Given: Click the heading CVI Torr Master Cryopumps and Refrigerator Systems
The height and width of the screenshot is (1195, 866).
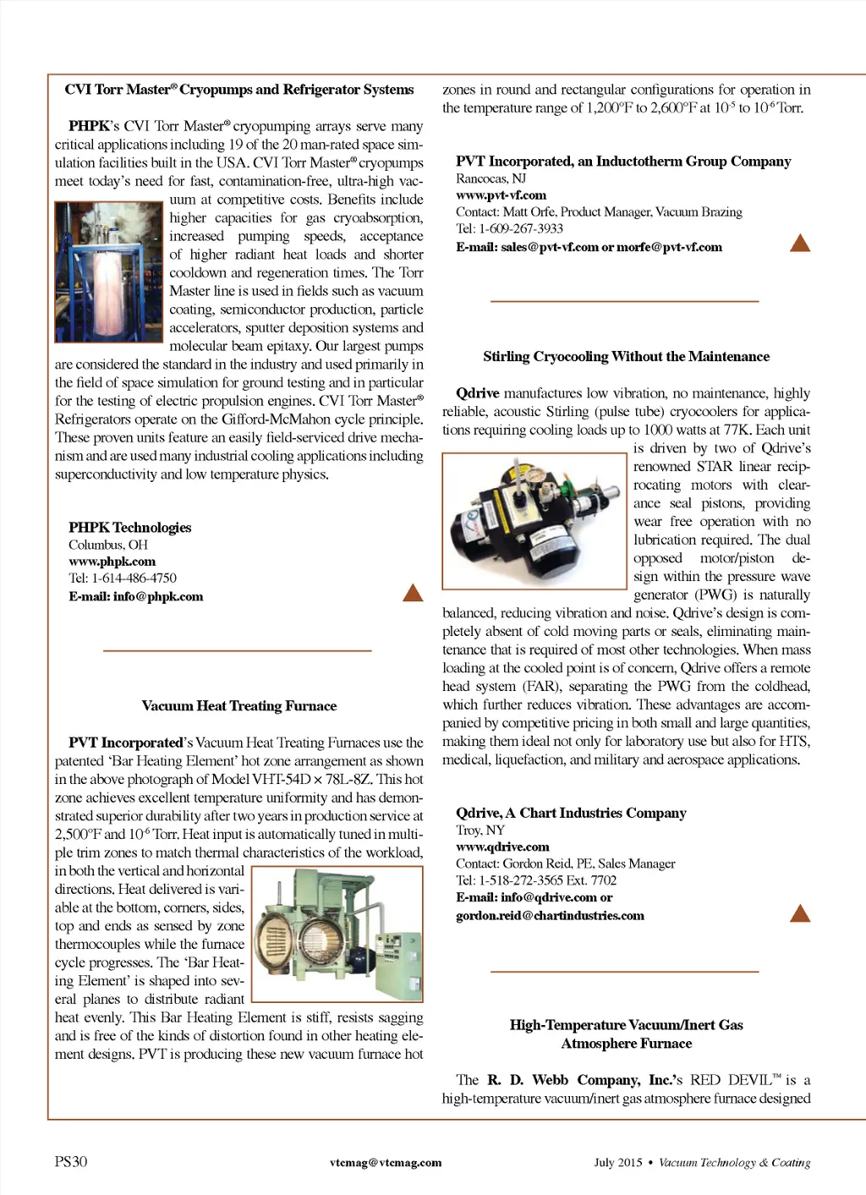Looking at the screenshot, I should click(239, 90).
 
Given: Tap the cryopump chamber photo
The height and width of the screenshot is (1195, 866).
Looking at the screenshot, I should click(109, 271).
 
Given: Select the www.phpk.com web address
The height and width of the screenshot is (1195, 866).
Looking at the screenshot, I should click(112, 562).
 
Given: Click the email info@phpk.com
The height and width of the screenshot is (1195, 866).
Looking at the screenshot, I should click(135, 596).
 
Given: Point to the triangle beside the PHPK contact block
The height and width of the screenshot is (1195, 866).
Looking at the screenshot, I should click(413, 593).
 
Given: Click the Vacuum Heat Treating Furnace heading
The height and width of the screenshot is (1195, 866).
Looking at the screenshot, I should click(239, 706).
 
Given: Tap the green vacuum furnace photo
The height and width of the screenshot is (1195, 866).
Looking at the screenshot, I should click(337, 934).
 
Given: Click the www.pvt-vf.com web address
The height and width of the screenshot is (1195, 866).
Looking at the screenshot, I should click(501, 195).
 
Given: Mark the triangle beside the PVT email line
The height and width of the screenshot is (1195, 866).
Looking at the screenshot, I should click(799, 244).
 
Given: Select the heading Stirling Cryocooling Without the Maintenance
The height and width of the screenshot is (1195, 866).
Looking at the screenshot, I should click(626, 357).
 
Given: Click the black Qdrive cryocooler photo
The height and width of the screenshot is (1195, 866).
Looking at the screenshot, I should click(534, 521).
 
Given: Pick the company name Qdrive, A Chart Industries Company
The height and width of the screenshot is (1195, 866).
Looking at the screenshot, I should click(571, 813).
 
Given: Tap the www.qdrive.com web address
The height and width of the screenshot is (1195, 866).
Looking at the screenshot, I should click(502, 847).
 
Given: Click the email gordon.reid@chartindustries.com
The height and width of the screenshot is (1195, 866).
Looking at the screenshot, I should click(550, 916).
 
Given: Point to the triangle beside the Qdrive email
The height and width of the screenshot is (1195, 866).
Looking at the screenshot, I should click(799, 913).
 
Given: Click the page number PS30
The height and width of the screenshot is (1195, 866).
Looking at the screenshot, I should click(71, 1162).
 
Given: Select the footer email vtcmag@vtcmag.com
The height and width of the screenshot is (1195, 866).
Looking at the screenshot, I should click(386, 1163).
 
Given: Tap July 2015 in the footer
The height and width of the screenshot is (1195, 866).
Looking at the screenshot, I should click(617, 1163).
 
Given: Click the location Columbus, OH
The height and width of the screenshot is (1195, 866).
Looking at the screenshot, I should click(107, 545).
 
